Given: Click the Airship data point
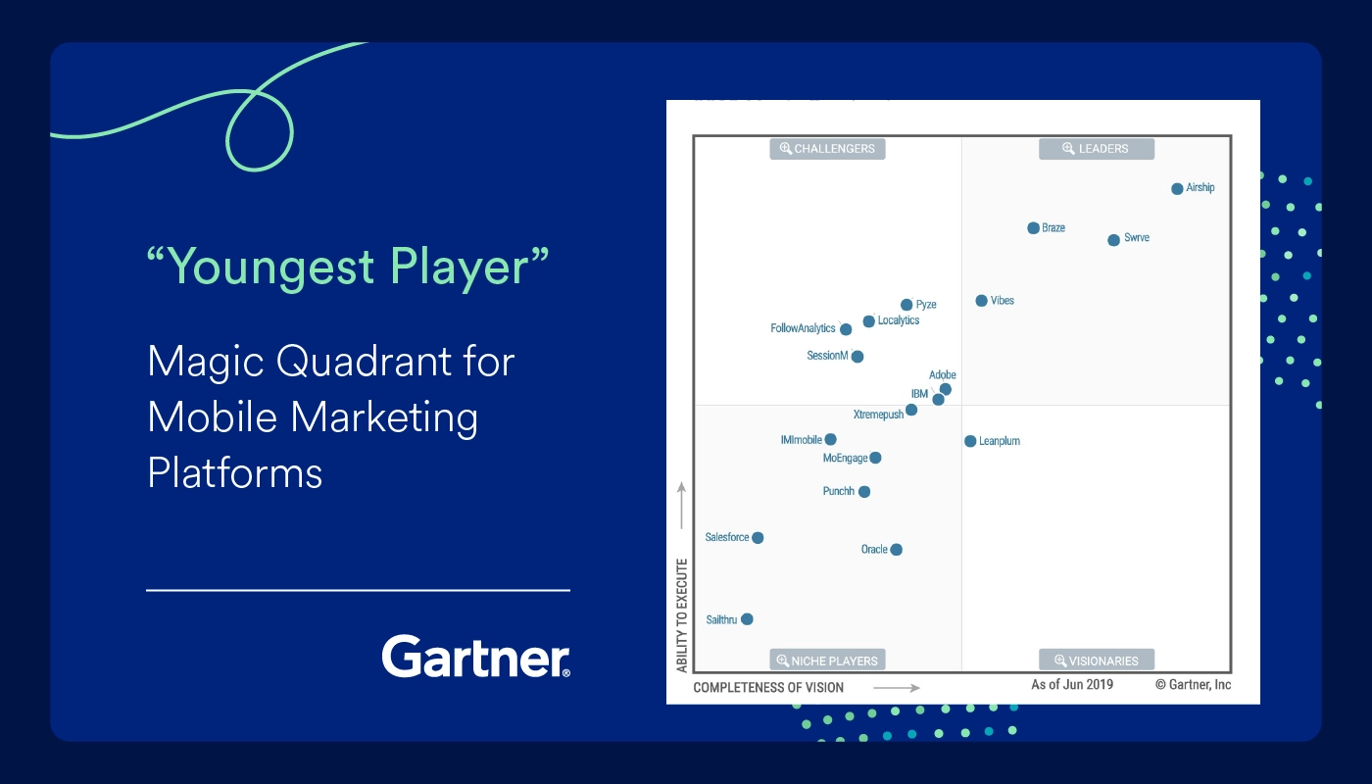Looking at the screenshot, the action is [x=1177, y=188].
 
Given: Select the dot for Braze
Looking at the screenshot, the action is [x=1033, y=227].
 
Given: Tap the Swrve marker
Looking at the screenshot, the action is [x=1113, y=239].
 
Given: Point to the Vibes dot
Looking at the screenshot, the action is [x=981, y=301].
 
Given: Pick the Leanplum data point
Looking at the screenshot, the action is [x=970, y=441].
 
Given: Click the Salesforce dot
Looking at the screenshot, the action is [x=758, y=538].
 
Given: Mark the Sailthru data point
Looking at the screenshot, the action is [x=747, y=619].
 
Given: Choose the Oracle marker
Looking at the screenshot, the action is [x=896, y=550].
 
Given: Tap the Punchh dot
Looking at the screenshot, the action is [x=864, y=491].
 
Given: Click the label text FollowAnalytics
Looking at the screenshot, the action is [x=803, y=328].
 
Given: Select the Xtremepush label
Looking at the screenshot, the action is [x=878, y=415].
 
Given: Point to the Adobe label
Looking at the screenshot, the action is [x=942, y=374].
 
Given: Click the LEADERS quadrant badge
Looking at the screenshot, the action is [x=1097, y=149].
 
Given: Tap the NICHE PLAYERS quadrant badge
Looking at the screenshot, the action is [x=827, y=661].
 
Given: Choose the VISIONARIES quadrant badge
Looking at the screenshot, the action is [x=1097, y=661].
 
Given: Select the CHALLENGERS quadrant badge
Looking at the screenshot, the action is [x=827, y=149].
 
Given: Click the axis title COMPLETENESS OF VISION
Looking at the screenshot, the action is [x=768, y=687].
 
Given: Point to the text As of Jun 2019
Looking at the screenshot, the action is [x=1072, y=684].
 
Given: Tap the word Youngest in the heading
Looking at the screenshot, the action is [x=270, y=267].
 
